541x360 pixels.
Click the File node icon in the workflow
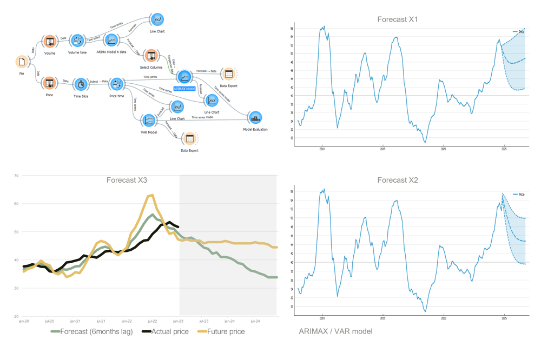pos(22,62)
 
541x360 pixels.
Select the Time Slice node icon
pos(81,84)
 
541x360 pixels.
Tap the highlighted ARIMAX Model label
pos(184,89)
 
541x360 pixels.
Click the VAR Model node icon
pos(148,120)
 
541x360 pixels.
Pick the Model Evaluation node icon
pos(255,117)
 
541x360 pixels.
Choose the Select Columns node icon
pos(151,56)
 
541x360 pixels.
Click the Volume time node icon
pos(77,41)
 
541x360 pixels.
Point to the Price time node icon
pos(117,84)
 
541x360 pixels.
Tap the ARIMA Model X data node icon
pos(111,40)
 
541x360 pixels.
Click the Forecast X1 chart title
pos(397,19)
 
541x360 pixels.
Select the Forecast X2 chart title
pos(397,180)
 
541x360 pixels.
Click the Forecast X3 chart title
pos(127,180)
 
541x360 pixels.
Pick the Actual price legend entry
pos(165,331)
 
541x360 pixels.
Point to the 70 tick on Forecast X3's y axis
pos(16,176)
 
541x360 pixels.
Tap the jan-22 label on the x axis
pos(127,321)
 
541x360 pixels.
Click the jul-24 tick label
pos(255,321)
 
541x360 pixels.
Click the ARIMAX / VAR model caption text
pos(335,331)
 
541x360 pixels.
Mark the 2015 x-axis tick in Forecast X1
pos(382,149)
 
